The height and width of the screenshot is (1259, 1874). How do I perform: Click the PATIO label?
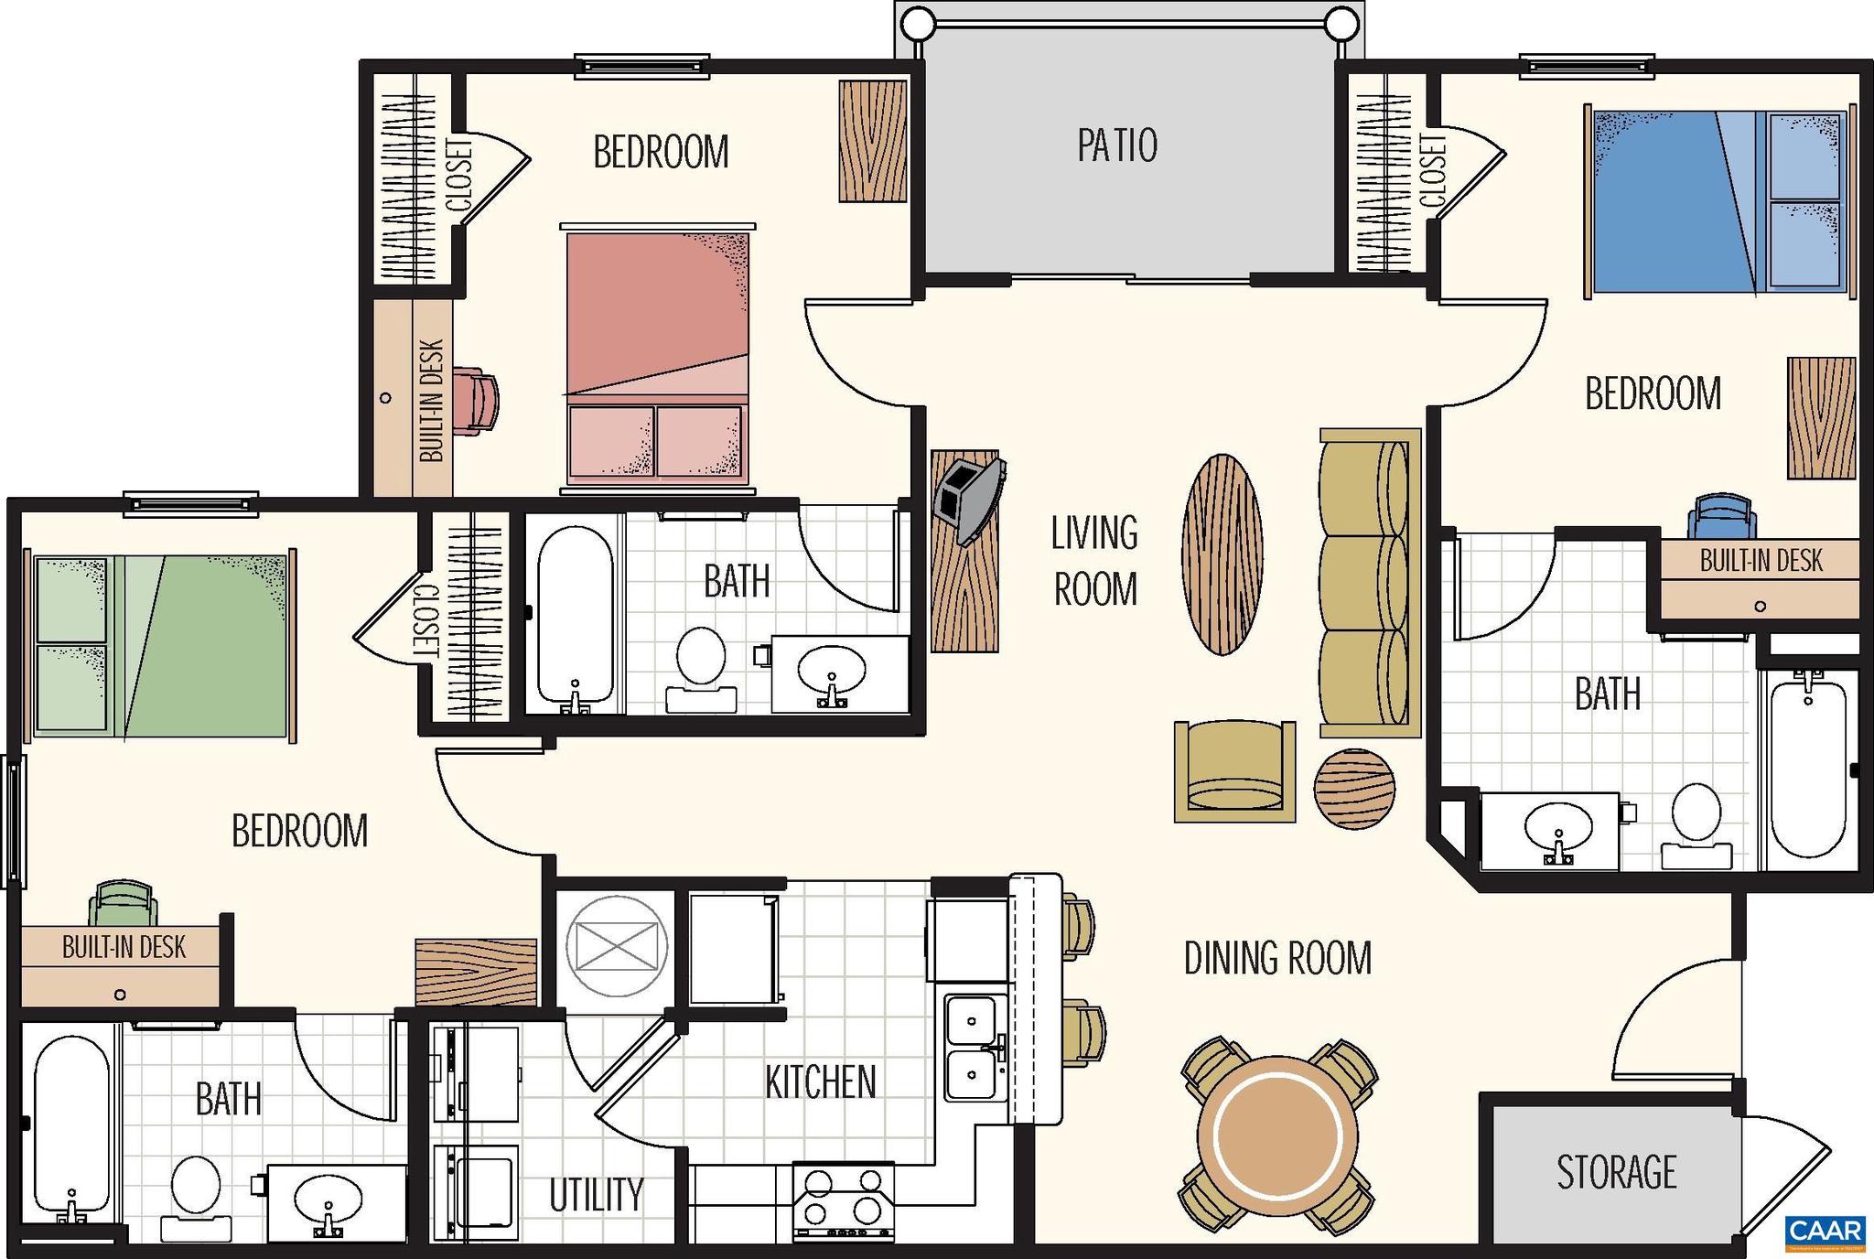click(x=1116, y=145)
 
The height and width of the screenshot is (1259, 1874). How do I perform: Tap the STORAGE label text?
click(x=1616, y=1172)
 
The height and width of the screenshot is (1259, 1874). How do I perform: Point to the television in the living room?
click(x=970, y=500)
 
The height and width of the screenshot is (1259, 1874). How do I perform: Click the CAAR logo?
click(x=1825, y=1231)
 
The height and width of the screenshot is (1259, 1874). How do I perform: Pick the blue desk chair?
click(x=1721, y=518)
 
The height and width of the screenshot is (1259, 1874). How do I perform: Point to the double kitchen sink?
click(x=974, y=1047)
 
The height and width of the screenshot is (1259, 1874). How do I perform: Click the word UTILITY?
click(x=596, y=1194)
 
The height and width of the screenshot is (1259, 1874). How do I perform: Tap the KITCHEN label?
click(x=820, y=1082)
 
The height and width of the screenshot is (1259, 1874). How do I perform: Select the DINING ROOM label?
click(x=1277, y=958)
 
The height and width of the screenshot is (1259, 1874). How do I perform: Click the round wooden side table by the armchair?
click(x=1354, y=789)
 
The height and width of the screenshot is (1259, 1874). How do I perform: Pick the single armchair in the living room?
click(x=1234, y=770)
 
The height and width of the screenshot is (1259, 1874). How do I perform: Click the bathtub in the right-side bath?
click(x=1807, y=765)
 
